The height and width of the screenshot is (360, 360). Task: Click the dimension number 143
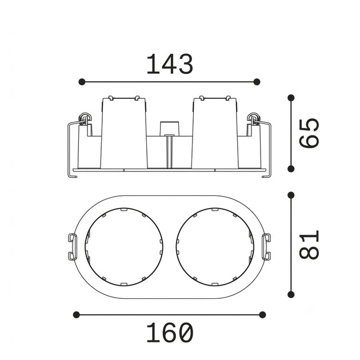click(170, 64)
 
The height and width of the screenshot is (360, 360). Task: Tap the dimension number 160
click(170, 333)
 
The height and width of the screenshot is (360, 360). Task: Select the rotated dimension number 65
click(309, 133)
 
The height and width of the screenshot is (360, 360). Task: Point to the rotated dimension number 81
click(309, 245)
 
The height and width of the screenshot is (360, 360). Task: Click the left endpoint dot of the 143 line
click(82, 82)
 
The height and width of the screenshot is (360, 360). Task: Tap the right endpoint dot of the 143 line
click(257, 82)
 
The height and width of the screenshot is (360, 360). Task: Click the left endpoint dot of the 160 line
click(76, 314)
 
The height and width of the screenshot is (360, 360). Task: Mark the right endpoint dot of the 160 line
click(262, 314)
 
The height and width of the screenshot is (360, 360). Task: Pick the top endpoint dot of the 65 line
click(291, 98)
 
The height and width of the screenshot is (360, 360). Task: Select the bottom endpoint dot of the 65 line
click(291, 169)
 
